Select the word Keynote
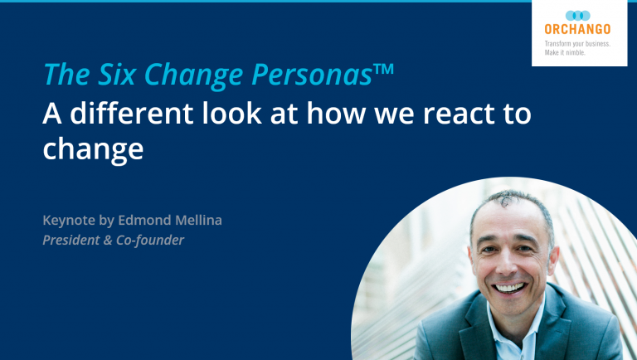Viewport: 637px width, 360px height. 71,221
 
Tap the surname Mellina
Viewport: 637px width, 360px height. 200,221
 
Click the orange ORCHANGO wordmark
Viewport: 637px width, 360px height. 577,30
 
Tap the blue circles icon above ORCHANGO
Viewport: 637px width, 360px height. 577,15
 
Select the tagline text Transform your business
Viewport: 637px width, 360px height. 576,42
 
